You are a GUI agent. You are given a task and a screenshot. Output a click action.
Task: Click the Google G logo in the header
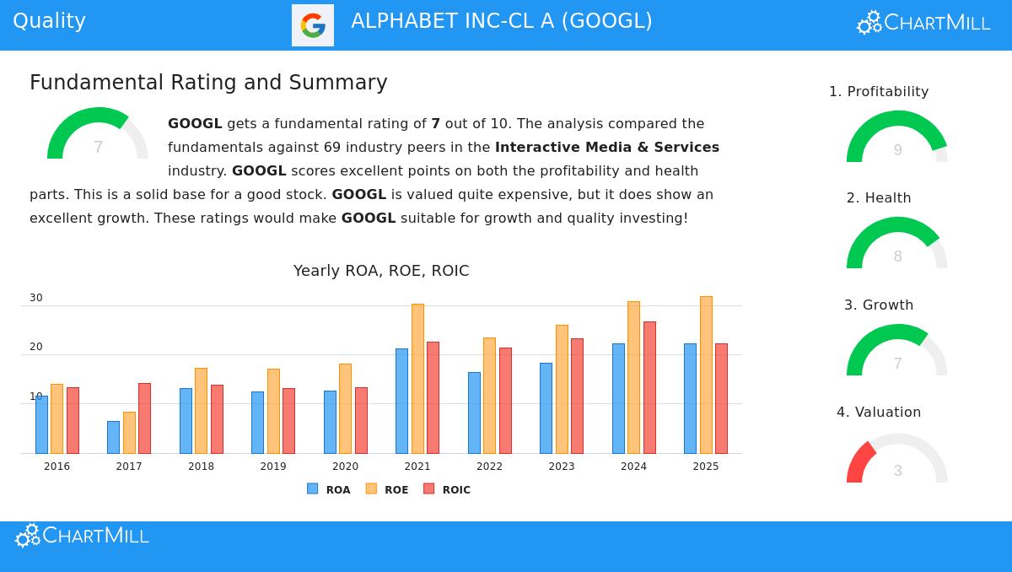click(313, 25)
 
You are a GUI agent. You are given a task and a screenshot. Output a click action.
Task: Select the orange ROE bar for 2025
click(706, 375)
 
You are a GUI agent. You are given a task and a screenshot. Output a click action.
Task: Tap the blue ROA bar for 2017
click(113, 437)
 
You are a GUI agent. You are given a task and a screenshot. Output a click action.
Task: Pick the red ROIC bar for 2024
click(649, 387)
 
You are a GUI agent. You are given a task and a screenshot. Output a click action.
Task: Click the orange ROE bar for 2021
click(417, 379)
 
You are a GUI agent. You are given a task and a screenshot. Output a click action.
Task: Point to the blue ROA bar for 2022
click(474, 413)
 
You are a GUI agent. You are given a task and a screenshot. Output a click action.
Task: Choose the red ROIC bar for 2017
click(144, 418)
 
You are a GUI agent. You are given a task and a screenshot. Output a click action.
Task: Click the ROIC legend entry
click(447, 489)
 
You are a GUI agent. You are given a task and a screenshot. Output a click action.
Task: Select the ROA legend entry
click(329, 489)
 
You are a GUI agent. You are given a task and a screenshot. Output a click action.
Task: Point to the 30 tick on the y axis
click(36, 298)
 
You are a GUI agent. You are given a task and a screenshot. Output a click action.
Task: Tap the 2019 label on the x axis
click(273, 467)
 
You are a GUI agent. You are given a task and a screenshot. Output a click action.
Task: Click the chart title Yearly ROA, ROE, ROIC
click(381, 271)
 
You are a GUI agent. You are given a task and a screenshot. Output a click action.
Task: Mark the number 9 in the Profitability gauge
click(897, 150)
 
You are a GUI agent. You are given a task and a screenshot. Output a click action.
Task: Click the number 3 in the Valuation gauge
click(897, 471)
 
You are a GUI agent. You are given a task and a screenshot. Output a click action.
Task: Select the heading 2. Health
click(879, 198)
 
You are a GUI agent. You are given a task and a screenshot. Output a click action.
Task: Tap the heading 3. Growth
click(879, 305)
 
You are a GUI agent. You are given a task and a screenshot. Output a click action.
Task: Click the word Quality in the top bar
click(49, 21)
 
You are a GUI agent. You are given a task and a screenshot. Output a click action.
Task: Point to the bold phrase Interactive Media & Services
click(607, 148)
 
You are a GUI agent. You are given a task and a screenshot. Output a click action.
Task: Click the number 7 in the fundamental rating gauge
click(98, 148)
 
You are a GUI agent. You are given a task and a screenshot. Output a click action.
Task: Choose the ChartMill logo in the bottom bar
click(83, 536)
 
